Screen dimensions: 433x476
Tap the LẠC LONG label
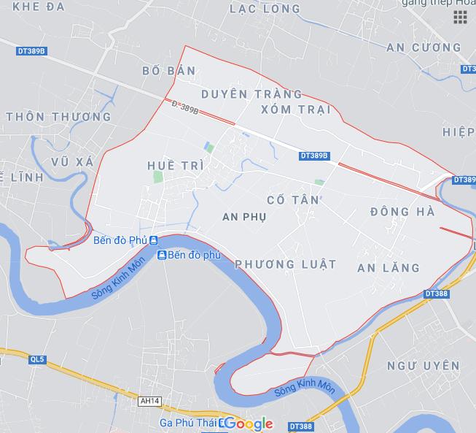coord(265,9)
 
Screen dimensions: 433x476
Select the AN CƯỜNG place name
coord(424,47)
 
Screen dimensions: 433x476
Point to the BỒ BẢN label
coord(169,71)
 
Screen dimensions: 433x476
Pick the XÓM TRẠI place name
coord(295,110)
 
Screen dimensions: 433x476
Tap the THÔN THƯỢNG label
coord(58,116)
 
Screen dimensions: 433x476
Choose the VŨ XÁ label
coord(73,161)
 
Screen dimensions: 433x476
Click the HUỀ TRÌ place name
coord(175,166)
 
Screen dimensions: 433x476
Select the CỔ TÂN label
coord(293,199)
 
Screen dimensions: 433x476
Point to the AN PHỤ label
coord(244,217)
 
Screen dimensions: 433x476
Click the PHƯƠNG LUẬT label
coord(286,264)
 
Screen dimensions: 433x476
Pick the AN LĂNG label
coord(389,268)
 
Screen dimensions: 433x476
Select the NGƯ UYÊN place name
coord(424,365)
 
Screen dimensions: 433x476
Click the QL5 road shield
coord(37,359)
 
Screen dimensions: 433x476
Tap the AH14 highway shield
coord(149,399)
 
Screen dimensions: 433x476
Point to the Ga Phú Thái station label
coord(188,423)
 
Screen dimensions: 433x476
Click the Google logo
coord(249,424)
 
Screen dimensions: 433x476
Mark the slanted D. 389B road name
coord(185,107)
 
